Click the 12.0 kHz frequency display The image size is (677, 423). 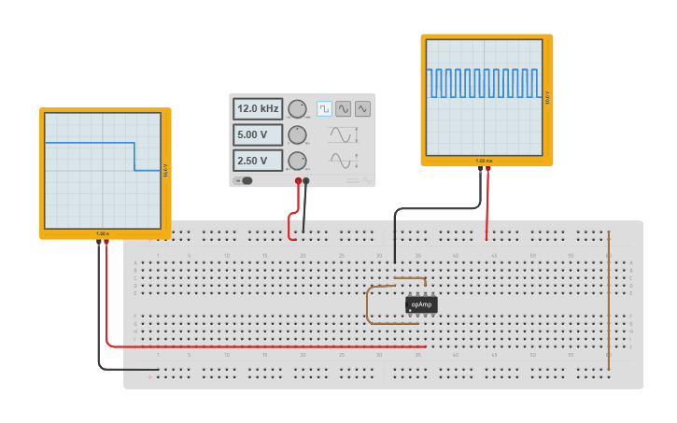[258, 108]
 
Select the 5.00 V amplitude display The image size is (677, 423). [258, 134]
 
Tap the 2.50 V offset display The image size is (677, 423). [258, 161]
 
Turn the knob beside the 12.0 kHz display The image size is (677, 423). [297, 108]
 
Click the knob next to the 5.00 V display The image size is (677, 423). [297, 134]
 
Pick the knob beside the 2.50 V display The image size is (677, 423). [297, 161]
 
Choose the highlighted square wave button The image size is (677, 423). [324, 108]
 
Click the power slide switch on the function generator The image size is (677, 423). [244, 180]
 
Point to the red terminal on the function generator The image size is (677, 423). [299, 180]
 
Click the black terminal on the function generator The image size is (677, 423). [306, 180]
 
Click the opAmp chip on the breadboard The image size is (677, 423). [421, 304]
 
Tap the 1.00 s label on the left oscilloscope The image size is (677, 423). [103, 233]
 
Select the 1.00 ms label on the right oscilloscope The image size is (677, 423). [483, 161]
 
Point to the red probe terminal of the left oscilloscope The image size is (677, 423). [106, 242]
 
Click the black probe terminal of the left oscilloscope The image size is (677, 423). [99, 242]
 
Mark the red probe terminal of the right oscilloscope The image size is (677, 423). [487, 170]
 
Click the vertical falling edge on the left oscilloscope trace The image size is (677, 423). [134, 156]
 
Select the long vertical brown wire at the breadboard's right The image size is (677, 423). [609, 299]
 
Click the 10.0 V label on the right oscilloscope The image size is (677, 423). [547, 96]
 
